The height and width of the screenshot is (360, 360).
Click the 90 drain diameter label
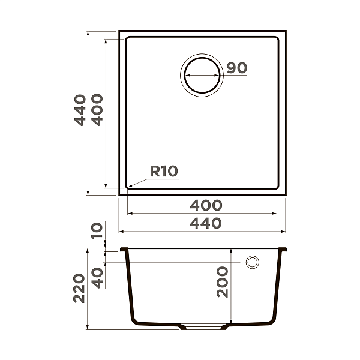tap(237, 68)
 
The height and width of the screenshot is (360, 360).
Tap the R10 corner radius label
tap(164, 172)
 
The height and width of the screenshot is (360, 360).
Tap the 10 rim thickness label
tap(97, 230)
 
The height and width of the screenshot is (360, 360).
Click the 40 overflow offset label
tap(97, 277)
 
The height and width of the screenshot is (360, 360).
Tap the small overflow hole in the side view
tap(253, 262)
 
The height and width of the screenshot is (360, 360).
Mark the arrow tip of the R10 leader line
tap(128, 187)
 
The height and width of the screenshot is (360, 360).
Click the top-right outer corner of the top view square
tap(285, 31)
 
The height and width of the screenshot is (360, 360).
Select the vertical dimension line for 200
tap(232, 288)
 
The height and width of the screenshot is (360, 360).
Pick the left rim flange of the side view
tap(124, 249)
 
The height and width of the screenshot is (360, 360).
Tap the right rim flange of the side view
tap(284, 249)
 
